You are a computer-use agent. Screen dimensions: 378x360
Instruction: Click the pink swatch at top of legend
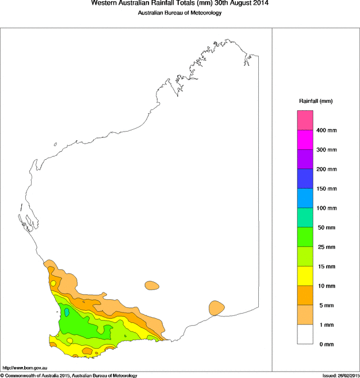305,120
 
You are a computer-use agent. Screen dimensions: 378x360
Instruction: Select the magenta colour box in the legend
305,140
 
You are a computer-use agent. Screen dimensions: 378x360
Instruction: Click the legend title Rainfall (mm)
316,101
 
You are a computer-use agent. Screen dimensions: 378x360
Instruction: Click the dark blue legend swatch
305,179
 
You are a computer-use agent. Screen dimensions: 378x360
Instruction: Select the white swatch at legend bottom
305,334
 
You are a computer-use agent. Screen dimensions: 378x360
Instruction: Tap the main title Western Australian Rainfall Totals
179,3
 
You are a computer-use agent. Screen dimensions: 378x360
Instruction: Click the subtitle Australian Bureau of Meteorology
179,13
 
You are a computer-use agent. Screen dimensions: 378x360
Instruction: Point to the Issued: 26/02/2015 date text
340,375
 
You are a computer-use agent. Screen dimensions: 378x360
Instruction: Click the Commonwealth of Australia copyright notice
69,375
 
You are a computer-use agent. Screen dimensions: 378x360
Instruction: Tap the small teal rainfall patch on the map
67,313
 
